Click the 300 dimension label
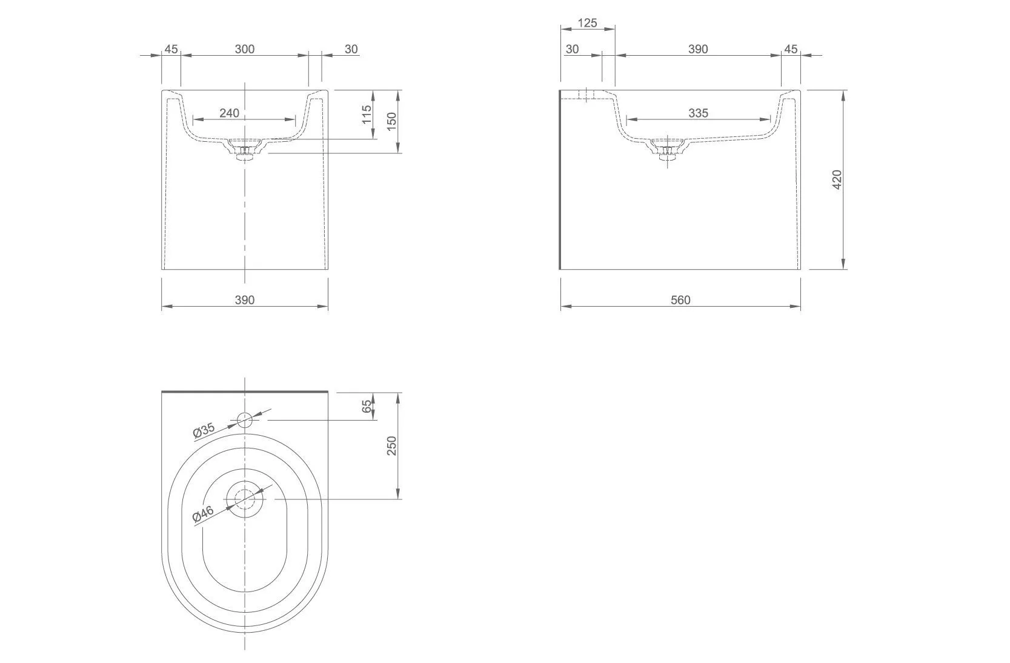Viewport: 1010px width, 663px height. click(x=244, y=49)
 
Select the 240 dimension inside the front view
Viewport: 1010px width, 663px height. click(x=229, y=113)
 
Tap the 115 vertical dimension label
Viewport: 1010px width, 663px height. click(x=367, y=114)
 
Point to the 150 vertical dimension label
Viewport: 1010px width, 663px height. click(x=391, y=121)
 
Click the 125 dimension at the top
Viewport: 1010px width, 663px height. click(x=587, y=23)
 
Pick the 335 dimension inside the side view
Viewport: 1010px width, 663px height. click(x=698, y=113)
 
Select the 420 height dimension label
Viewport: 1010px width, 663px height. click(x=837, y=179)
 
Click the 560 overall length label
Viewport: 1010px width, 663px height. click(x=680, y=300)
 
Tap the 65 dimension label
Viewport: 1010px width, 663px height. click(x=367, y=406)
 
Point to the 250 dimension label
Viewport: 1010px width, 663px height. click(x=391, y=445)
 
